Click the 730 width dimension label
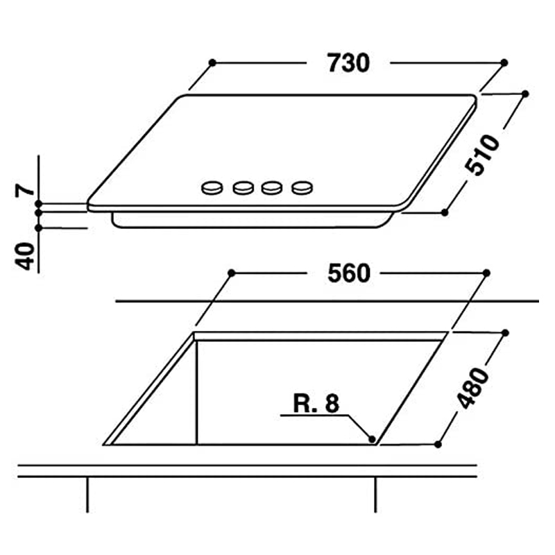point(348,63)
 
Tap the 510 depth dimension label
point(482,155)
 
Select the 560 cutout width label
point(349,273)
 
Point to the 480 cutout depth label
point(472,388)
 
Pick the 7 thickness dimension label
point(25,190)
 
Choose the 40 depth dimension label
point(25,256)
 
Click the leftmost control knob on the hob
point(212,187)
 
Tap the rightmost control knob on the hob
point(302,187)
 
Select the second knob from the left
point(244,187)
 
